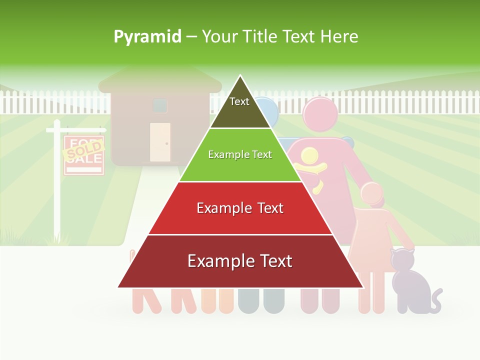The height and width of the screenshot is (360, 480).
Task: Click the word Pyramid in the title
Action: point(147,36)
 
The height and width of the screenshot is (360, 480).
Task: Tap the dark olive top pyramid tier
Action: point(240,112)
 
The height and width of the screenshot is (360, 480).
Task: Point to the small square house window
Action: point(160,105)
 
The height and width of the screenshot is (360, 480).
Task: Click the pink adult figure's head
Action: point(320,114)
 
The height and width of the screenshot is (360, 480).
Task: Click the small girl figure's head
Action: point(372,195)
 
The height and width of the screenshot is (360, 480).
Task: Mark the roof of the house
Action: point(160,80)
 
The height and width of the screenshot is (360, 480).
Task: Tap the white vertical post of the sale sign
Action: point(57,190)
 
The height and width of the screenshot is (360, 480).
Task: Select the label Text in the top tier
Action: point(239,101)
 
